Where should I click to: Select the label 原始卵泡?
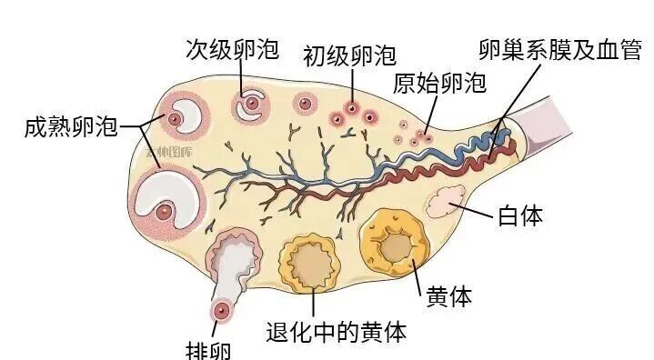pos(439,84)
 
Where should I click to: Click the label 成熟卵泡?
pos(72,125)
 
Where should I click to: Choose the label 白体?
pos(520,216)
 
